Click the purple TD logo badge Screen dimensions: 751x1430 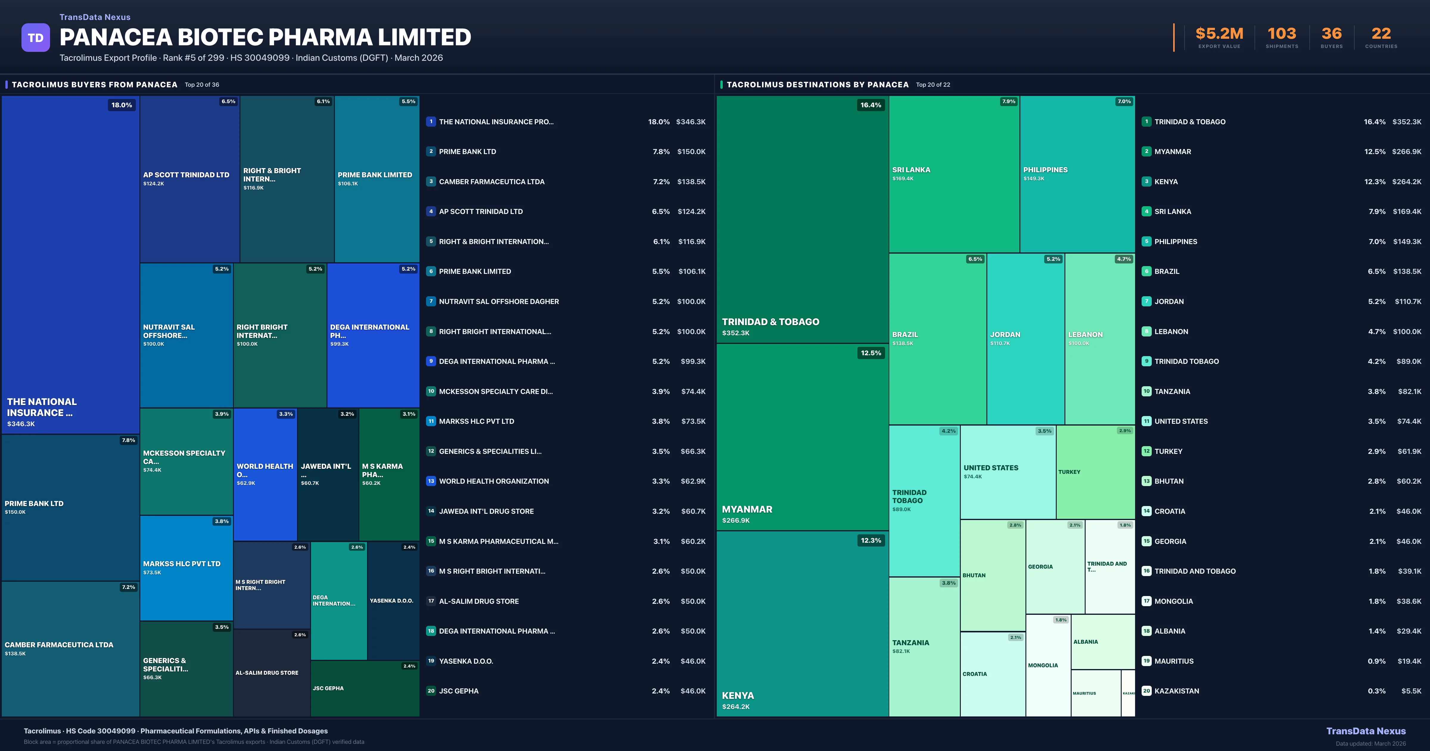(35, 38)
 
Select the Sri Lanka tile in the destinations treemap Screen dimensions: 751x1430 (954, 174)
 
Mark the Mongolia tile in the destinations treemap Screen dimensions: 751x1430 (1047, 665)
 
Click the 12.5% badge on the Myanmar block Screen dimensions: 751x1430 (871, 353)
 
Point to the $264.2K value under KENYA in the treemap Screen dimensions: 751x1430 (736, 707)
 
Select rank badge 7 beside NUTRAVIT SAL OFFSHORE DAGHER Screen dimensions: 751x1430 (431, 301)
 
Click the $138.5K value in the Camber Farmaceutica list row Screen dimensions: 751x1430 (691, 181)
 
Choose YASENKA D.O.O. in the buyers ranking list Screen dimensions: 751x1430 (466, 661)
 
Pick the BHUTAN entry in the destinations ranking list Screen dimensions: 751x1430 (1168, 481)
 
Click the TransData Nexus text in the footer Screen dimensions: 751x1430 (1366, 731)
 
